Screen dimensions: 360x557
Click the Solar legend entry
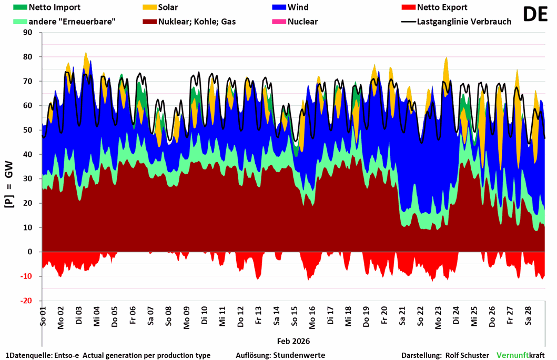(x=167, y=7)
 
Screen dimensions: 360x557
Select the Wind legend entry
(x=298, y=7)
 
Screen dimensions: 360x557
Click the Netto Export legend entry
(x=442, y=7)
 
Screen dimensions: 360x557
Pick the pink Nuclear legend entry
(x=302, y=22)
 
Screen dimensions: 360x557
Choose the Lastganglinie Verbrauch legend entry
(x=463, y=22)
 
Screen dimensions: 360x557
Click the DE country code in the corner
(x=535, y=15)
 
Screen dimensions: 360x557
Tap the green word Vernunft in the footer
(x=512, y=355)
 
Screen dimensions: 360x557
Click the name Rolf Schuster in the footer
(x=467, y=355)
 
